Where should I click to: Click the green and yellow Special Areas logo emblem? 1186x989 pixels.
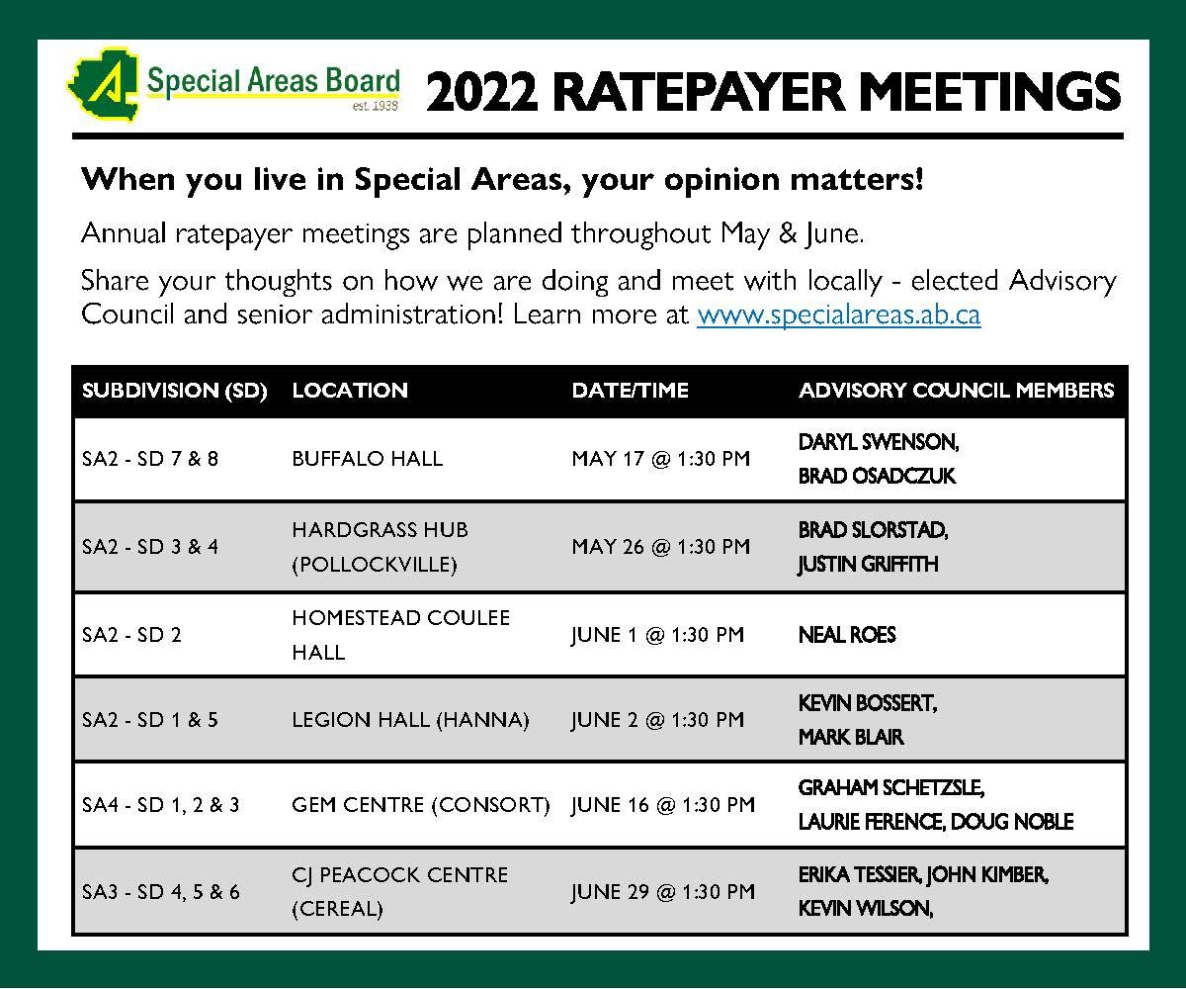(103, 85)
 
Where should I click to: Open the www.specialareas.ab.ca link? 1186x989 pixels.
(839, 315)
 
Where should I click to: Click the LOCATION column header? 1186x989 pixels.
(350, 391)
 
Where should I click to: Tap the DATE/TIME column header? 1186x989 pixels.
(630, 391)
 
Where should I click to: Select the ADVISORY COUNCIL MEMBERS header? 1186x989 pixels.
(956, 391)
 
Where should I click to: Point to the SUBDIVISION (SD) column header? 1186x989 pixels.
(174, 391)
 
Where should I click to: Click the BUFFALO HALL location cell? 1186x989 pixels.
(367, 459)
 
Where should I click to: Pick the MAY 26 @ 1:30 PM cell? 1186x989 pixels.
(660, 547)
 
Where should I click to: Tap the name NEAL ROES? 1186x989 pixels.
(847, 635)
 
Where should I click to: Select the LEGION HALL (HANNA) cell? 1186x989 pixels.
(410, 720)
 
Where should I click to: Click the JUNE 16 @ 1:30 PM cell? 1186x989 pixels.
(663, 805)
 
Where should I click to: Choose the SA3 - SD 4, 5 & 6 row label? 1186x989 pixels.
(161, 892)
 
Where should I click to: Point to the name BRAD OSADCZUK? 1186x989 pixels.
(877, 477)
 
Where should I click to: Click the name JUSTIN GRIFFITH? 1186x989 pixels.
(868, 565)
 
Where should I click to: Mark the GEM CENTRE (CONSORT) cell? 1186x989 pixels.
(421, 805)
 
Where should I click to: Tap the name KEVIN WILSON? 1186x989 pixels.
(864, 908)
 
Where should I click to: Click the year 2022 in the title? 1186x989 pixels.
(481, 92)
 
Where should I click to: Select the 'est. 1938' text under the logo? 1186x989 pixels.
(375, 106)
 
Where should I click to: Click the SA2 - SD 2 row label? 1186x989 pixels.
(131, 635)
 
